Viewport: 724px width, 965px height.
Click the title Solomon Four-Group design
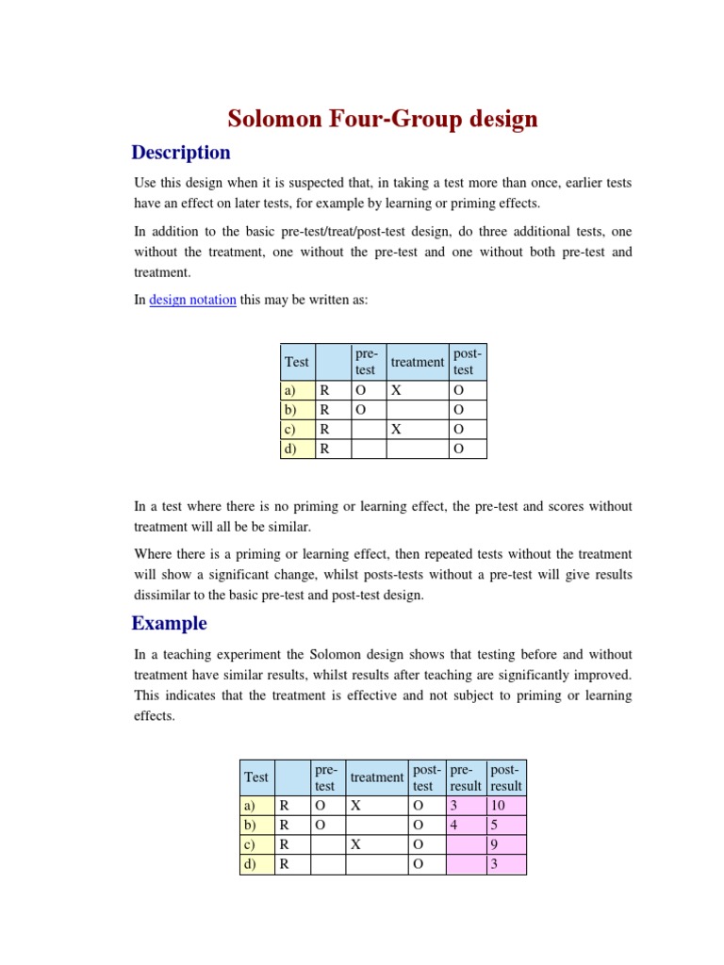point(383,119)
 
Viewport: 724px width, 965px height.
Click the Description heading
point(181,153)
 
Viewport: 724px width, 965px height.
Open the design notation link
point(192,300)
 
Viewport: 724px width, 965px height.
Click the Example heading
point(169,623)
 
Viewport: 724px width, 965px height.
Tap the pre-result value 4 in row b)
point(453,825)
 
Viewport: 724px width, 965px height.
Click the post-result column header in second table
point(506,777)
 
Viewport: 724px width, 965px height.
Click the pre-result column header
point(466,777)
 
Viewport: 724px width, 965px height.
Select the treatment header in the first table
point(417,362)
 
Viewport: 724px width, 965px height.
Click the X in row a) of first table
point(397,390)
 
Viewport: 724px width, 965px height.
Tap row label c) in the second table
point(249,844)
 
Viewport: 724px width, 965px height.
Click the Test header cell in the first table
point(297,362)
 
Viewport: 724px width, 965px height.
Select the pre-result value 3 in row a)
point(453,806)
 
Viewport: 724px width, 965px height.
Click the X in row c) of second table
point(355,844)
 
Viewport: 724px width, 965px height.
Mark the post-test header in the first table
point(468,362)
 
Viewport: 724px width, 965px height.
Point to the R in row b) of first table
point(324,410)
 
